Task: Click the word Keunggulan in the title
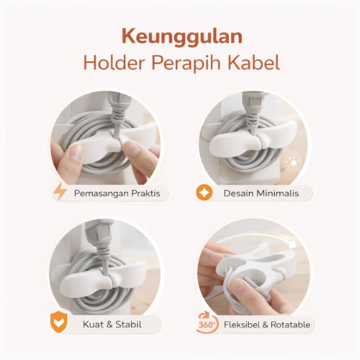182,37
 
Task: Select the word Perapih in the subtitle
187,64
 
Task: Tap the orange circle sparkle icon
204,193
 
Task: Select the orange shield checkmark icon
59,322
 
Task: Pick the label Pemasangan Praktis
117,193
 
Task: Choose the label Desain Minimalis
261,193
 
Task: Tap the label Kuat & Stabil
112,325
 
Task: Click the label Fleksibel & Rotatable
267,325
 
